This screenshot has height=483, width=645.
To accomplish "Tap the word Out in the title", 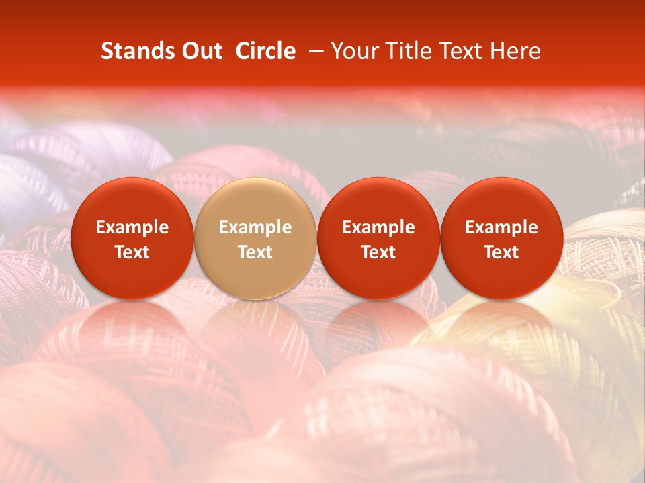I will tap(200, 51).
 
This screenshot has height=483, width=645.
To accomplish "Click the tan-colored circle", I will tap(255, 238).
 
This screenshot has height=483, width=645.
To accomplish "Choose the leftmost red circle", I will tap(132, 238).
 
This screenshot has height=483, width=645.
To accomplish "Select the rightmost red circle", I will tap(501, 238).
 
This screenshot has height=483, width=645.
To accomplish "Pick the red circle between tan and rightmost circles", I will tap(378, 238).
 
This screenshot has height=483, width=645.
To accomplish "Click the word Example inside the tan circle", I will tap(255, 227).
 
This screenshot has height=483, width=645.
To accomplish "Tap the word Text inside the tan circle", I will tap(255, 252).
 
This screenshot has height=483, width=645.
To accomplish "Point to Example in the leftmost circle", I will tap(132, 227).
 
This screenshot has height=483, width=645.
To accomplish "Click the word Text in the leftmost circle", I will tap(132, 252).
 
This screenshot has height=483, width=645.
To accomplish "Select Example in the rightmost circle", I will tap(501, 227).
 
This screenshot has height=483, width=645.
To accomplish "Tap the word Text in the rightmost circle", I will tap(501, 252).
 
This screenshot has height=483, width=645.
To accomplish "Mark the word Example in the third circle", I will tap(378, 227).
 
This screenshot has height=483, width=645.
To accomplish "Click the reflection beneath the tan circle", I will tap(255, 329).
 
